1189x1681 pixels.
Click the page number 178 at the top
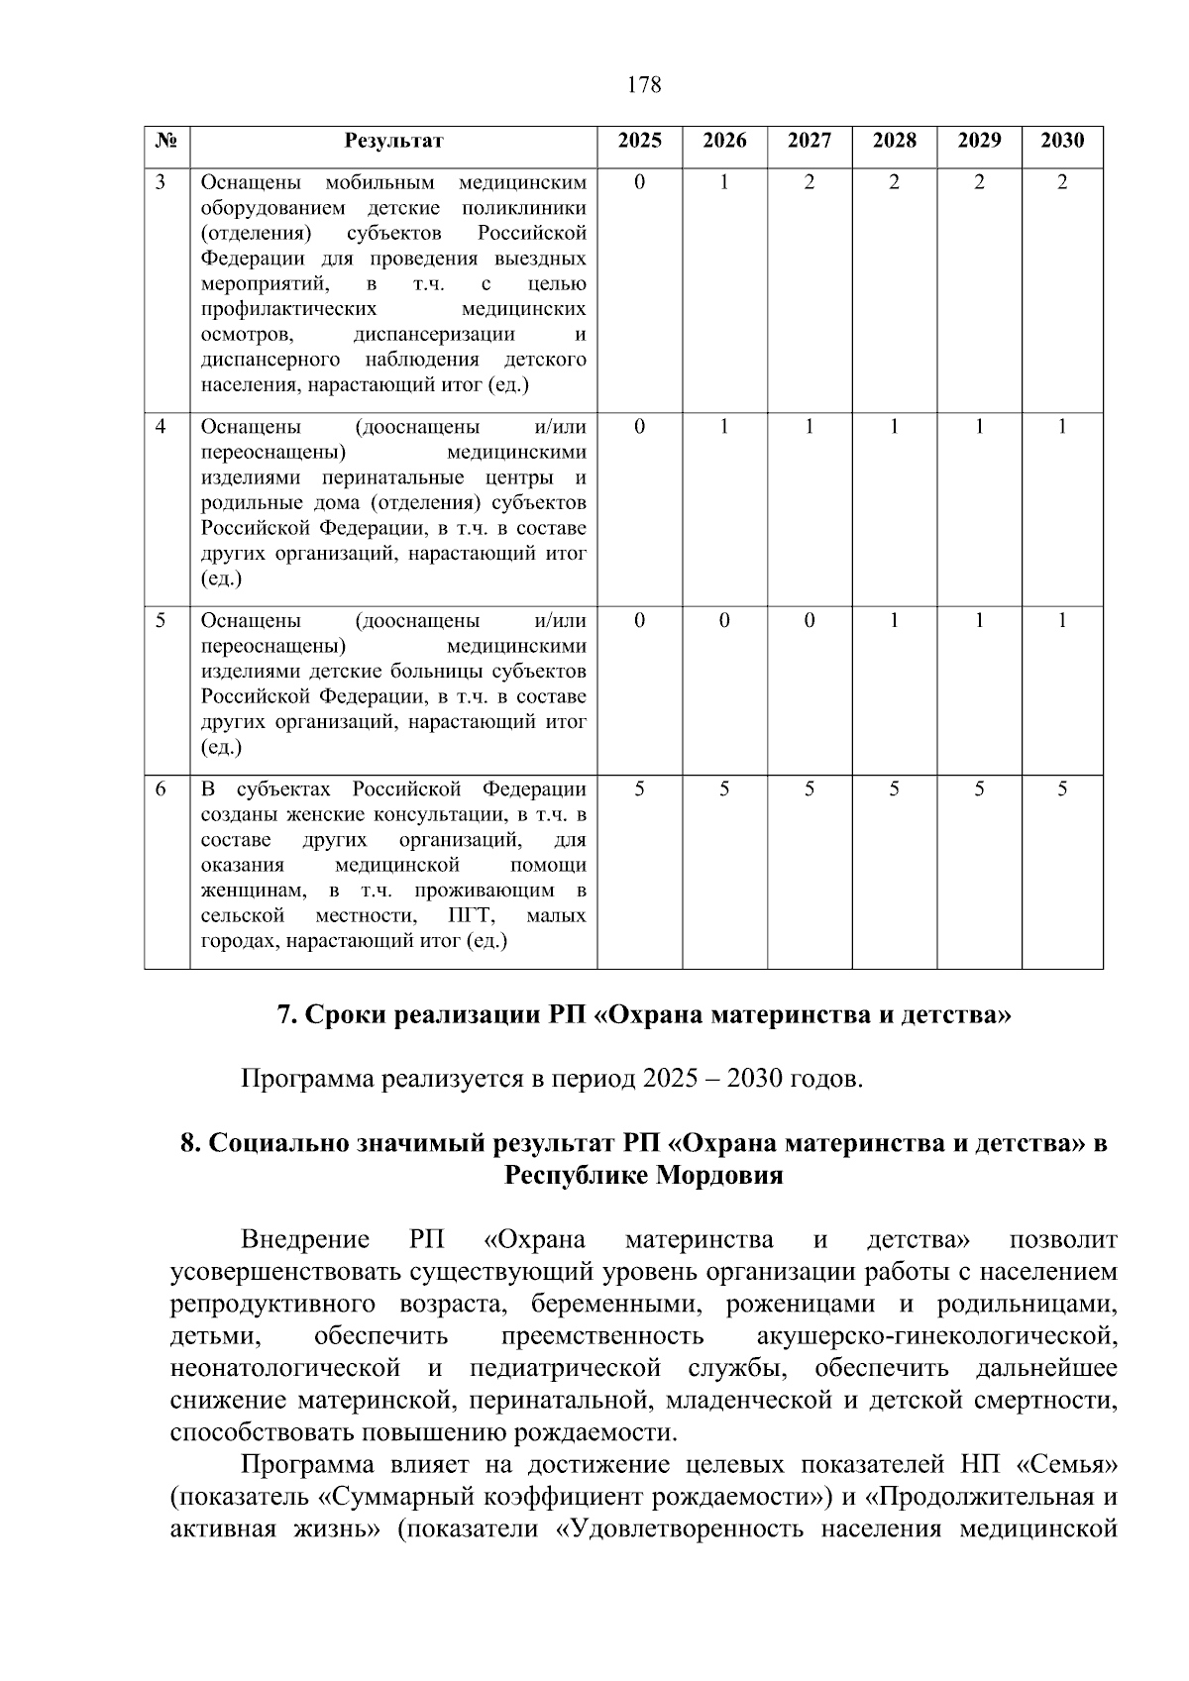[644, 85]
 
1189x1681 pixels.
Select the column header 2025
[639, 141]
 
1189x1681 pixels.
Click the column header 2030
[1062, 141]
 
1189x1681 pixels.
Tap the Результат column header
[393, 141]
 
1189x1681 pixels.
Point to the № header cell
[166, 141]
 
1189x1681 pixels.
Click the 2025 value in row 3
[639, 182]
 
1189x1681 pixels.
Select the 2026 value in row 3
[724, 182]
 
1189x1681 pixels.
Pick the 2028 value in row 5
[894, 621]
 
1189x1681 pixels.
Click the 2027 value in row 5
[810, 621]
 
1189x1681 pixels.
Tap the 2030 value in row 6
[1062, 789]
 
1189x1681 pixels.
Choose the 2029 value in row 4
[979, 427]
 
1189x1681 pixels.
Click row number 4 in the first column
[162, 427]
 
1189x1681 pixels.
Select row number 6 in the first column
[162, 789]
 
